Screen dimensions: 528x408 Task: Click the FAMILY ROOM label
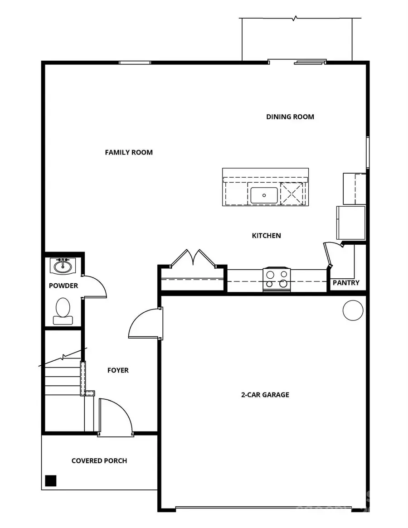[129, 152]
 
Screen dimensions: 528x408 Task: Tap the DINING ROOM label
[290, 116]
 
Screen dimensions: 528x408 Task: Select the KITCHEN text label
[267, 235]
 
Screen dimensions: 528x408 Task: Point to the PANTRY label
[346, 283]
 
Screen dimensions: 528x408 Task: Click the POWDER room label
[63, 286]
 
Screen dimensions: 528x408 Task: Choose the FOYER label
[118, 370]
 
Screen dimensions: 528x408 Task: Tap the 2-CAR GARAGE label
[265, 394]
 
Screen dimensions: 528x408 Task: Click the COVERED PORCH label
[99, 461]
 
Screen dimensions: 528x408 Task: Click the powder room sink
[63, 266]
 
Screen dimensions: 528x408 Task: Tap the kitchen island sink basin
[264, 195]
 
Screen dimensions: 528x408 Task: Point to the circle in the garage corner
[353, 311]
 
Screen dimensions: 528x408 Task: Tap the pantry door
[328, 255]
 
